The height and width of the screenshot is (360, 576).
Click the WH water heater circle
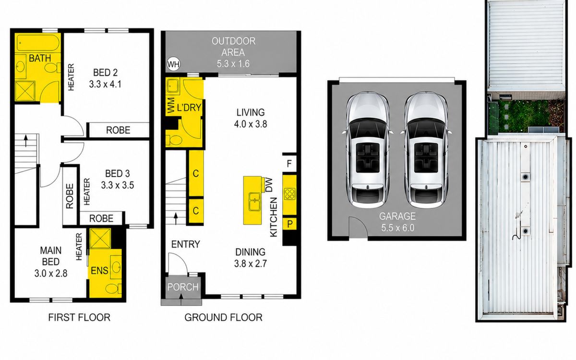click(174, 64)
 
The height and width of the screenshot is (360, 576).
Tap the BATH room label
click(40, 58)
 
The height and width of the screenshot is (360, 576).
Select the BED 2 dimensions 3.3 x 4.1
click(105, 84)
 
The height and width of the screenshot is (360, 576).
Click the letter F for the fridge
click(289, 164)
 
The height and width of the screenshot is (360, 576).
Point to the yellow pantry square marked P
click(289, 224)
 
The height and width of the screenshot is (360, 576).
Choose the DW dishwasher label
click(269, 185)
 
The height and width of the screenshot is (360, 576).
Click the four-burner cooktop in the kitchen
click(289, 194)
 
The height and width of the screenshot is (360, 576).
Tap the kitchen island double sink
click(255, 202)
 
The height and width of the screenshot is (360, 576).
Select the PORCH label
click(183, 287)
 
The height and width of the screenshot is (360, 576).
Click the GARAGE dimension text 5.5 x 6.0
click(397, 228)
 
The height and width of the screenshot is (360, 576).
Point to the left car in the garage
click(367, 150)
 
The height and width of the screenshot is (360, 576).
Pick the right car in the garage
click(425, 150)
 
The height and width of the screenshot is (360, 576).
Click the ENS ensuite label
click(99, 271)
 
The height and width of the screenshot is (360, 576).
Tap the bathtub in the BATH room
click(37, 42)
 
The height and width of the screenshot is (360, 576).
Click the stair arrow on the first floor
click(26, 141)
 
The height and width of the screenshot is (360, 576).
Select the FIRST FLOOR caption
click(79, 318)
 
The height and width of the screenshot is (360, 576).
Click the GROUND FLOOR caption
click(224, 318)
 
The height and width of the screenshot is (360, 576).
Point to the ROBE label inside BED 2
click(118, 130)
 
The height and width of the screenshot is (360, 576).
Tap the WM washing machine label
click(170, 105)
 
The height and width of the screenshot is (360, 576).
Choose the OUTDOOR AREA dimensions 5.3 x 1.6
click(233, 64)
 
